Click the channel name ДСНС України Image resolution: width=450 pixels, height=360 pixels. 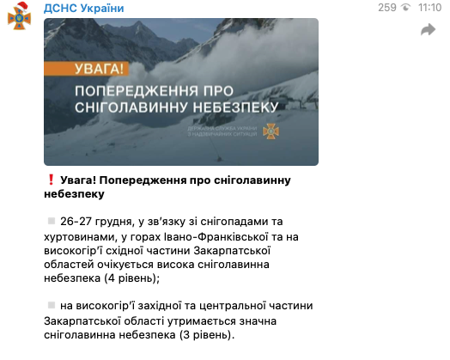pos(84,8)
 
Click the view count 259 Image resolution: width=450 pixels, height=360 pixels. pos(387,8)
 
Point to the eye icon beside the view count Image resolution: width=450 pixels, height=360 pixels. pos(407,8)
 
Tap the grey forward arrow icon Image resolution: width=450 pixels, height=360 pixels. pos(428,31)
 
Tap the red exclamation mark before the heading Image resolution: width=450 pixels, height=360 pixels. pos(51,181)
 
